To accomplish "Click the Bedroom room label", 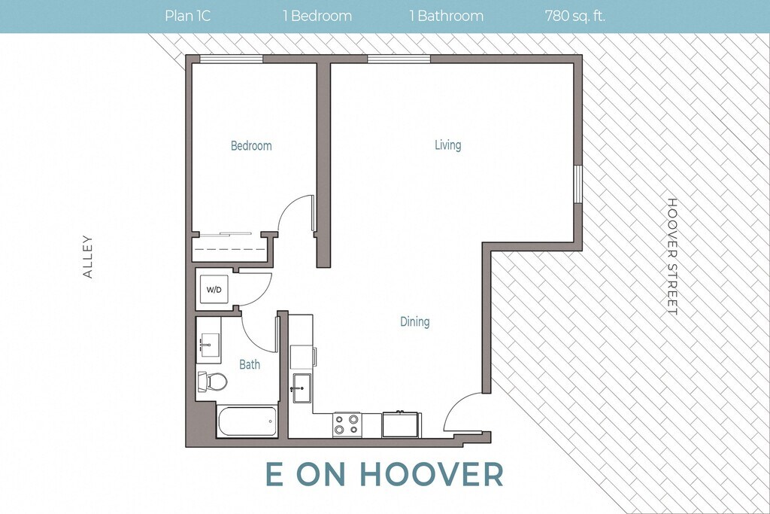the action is (x=251, y=145).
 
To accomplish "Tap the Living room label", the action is (x=448, y=145).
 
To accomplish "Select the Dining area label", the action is (x=415, y=322).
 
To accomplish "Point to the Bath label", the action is (x=250, y=364).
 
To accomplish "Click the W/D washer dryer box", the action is (x=214, y=290).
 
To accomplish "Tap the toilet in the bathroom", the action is (x=212, y=381).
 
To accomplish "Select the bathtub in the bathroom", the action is (x=247, y=421).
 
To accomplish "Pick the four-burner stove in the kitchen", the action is (x=347, y=424).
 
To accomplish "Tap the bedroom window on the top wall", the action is (x=232, y=59).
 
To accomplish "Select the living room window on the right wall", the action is (x=578, y=184).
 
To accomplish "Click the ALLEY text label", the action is (x=88, y=257).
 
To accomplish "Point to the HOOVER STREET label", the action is (x=671, y=257).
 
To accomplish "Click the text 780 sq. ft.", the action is (x=575, y=17).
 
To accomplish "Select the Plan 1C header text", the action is (x=187, y=17).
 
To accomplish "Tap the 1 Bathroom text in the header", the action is (x=447, y=17).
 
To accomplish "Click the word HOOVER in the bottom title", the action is (x=432, y=473).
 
